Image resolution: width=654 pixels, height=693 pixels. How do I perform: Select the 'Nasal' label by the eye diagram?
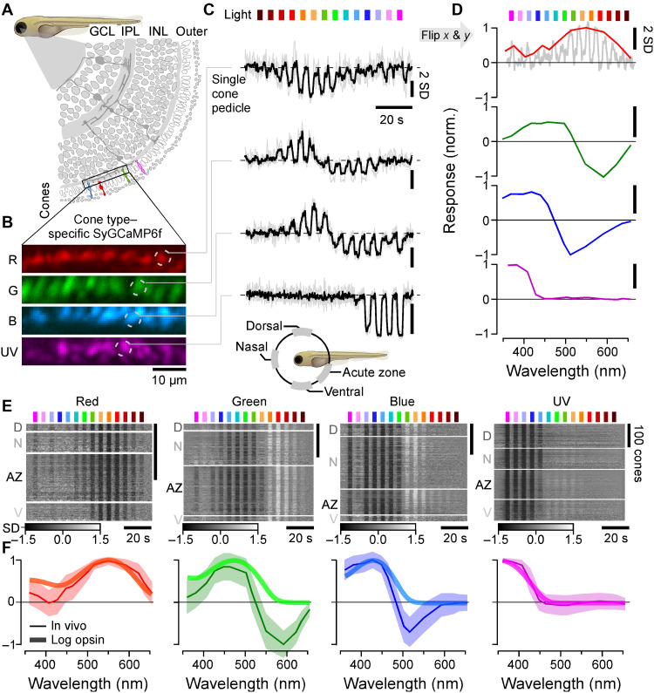(x=240, y=346)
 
